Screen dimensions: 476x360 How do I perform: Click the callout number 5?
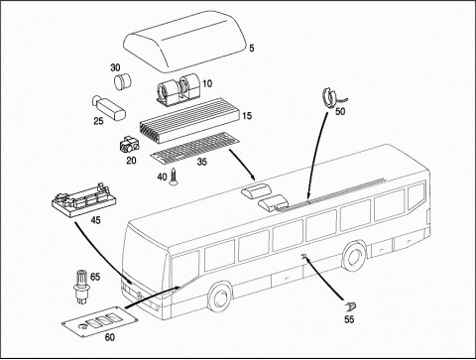(252, 49)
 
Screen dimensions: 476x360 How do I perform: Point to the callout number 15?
(247, 116)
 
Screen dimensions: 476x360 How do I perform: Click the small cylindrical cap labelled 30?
(123, 81)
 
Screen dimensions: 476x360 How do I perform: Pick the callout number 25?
(98, 121)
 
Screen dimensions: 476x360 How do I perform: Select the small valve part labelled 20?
(129, 145)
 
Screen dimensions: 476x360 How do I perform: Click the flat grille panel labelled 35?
(196, 148)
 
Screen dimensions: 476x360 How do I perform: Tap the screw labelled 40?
(174, 178)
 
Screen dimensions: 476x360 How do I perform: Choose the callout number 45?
(95, 220)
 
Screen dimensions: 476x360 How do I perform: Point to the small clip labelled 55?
(350, 307)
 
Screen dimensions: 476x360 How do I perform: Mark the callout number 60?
(110, 337)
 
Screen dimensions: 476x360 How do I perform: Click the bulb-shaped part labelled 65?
(81, 286)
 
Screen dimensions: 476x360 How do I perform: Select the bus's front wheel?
(219, 297)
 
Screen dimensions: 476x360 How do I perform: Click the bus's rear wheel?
(354, 258)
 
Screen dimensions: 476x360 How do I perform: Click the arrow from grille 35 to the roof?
(242, 165)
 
